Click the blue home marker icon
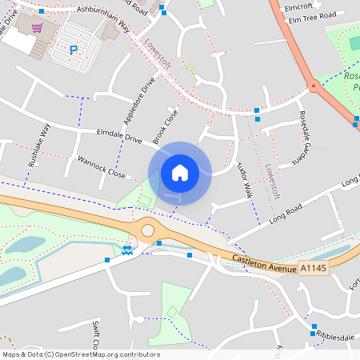(180, 173)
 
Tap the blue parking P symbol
(74, 50)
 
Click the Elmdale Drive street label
(118, 137)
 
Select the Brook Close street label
(164, 125)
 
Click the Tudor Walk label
(244, 179)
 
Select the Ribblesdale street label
(334, 337)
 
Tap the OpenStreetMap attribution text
(81, 354)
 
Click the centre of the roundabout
(147, 230)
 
